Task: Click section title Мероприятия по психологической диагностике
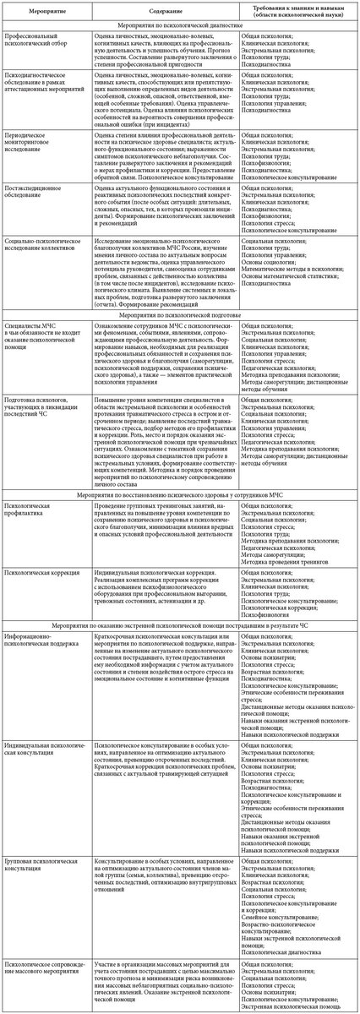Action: click(181, 27)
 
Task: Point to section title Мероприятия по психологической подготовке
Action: click(181, 336)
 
